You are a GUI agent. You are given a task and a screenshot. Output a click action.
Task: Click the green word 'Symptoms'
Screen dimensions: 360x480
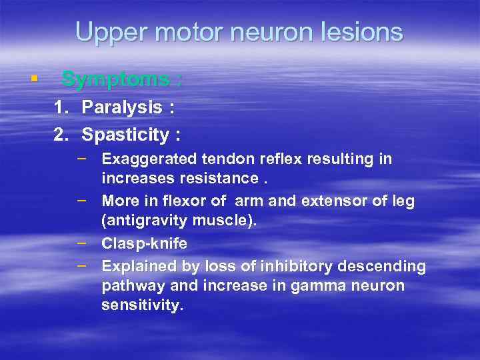115,79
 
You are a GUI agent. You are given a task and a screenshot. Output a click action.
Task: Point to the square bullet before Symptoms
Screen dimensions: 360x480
33,79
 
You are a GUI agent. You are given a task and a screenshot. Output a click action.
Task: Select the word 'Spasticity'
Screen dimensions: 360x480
126,135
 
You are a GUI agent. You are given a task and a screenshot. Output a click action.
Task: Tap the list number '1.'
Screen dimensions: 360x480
61,107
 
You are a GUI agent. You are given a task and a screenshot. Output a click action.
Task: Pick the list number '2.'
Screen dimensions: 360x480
61,135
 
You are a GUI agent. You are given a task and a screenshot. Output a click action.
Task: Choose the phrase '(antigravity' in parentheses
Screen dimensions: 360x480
144,221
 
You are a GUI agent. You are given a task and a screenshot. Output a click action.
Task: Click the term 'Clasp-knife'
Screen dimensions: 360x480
144,244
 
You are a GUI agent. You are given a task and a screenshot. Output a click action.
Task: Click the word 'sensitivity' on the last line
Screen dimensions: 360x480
140,305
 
